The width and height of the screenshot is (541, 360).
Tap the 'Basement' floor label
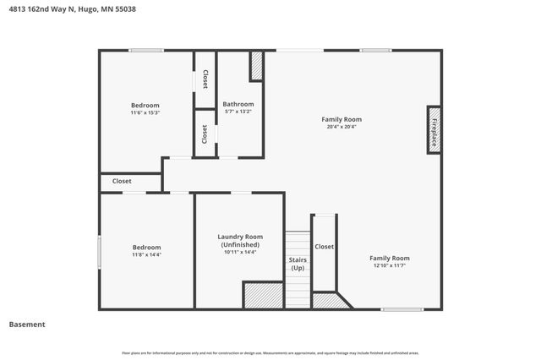click(x=27, y=325)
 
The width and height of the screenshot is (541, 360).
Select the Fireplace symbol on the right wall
click(x=434, y=130)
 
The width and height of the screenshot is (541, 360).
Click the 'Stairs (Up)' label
click(x=298, y=264)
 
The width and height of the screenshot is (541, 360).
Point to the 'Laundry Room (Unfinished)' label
click(x=240, y=241)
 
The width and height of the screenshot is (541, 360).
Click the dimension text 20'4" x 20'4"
click(x=341, y=128)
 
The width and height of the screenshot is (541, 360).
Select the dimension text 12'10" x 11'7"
click(x=389, y=266)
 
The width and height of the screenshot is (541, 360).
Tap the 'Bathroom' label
click(x=238, y=104)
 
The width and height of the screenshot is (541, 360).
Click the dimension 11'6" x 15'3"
click(x=145, y=113)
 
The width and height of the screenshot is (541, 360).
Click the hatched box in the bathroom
click(x=256, y=67)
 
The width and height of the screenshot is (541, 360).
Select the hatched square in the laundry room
click(x=263, y=296)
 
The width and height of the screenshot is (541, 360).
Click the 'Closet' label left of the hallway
click(x=122, y=181)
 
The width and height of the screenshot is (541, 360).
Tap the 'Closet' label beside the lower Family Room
click(x=324, y=247)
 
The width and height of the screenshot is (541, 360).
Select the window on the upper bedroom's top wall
click(x=146, y=51)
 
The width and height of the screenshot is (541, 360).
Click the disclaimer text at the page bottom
click(x=270, y=353)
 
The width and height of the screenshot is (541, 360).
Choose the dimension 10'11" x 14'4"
click(x=240, y=252)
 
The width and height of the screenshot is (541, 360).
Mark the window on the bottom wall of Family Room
click(x=402, y=309)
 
